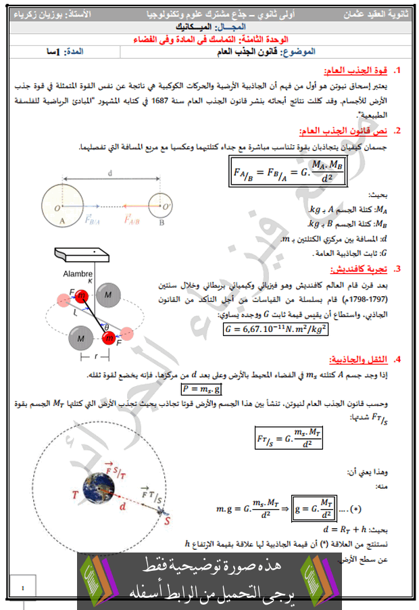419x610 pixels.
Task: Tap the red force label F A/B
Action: coord(133,220)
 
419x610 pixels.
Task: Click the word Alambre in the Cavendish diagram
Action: coord(77,275)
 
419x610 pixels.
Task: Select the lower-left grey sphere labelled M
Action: coord(81,337)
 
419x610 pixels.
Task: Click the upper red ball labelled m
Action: coord(82,296)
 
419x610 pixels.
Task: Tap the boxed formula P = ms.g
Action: coord(201,390)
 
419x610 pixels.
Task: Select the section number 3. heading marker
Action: coord(398,269)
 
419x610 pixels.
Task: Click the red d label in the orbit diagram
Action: coord(122,505)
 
